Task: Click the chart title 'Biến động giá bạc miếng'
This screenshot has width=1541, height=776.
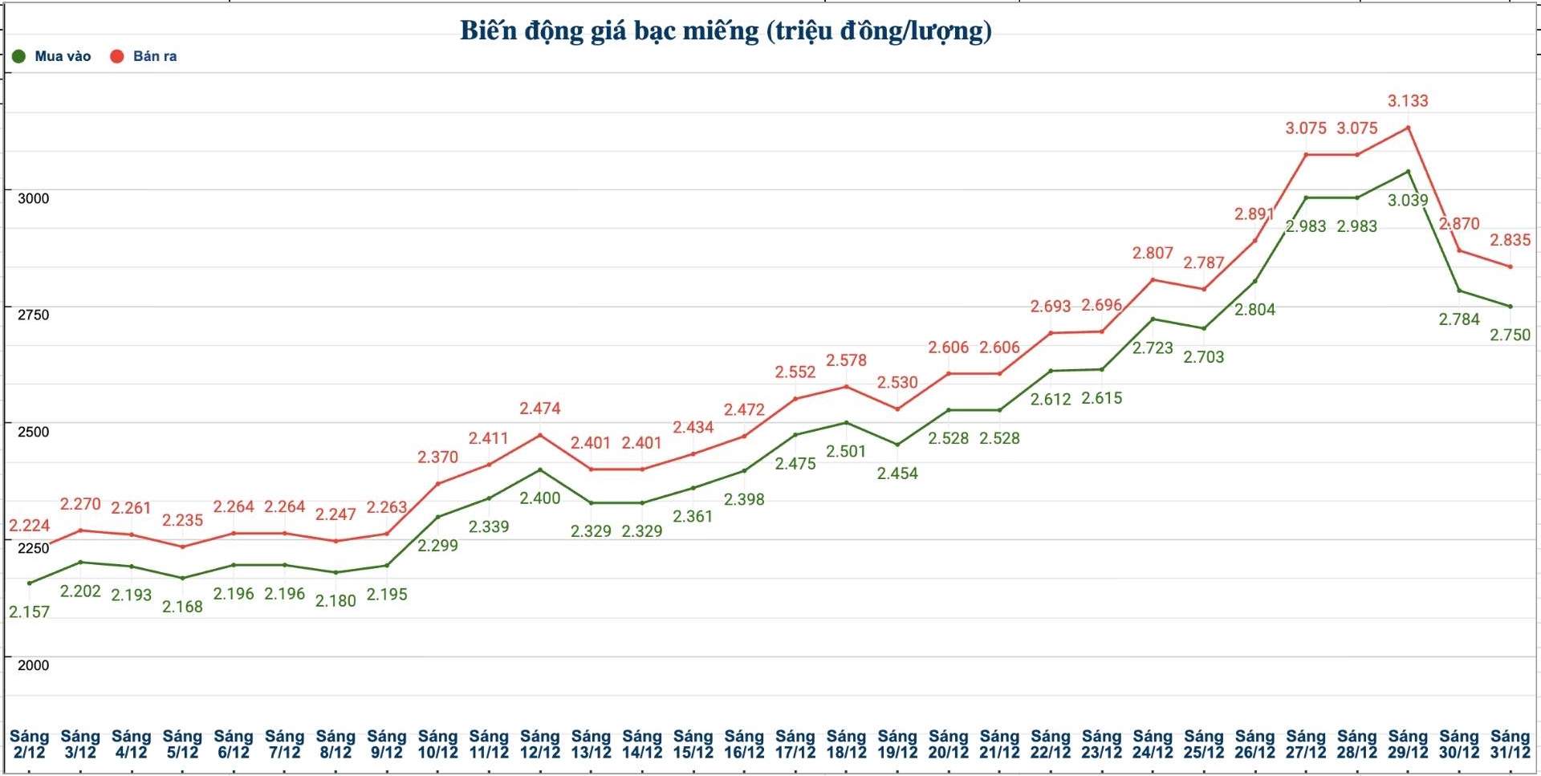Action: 726,30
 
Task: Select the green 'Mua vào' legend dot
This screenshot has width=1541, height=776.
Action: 18,56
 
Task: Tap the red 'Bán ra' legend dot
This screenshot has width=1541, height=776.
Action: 117,56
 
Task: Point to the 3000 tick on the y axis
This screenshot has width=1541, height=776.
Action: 33,198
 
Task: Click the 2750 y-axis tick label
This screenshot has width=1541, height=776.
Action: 33,315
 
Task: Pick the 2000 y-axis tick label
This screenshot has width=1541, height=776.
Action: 33,664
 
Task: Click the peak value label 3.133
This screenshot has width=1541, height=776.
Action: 1408,101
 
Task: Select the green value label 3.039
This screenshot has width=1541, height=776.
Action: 1408,200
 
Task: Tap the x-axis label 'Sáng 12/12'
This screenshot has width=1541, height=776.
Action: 539,744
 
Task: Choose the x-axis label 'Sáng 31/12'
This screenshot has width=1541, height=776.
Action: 1510,744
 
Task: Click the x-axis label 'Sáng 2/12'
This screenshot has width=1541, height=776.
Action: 29,744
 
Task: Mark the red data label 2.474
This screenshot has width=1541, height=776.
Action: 539,408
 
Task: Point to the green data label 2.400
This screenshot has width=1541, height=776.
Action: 539,498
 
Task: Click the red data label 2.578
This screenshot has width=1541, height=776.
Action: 846,360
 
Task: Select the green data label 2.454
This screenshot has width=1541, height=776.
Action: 897,473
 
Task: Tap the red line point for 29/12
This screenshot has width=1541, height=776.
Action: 1408,128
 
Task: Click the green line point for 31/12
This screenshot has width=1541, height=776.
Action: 1511,307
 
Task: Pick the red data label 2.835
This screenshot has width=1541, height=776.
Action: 1510,240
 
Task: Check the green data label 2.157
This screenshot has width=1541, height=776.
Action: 29,611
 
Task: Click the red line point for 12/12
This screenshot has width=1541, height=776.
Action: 539,435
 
